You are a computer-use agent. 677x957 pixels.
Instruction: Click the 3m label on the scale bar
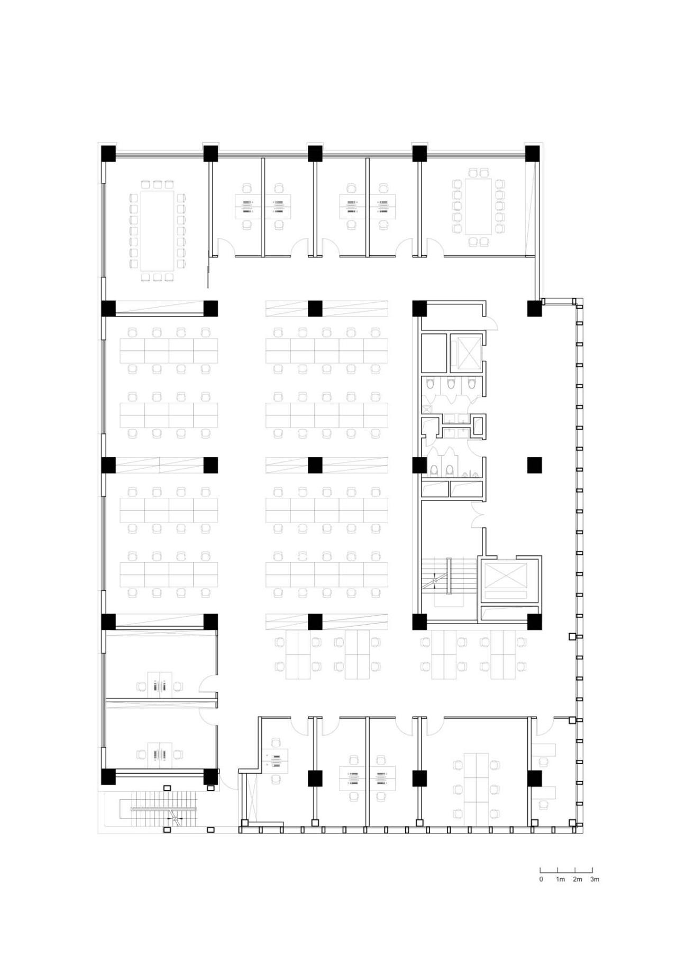594,879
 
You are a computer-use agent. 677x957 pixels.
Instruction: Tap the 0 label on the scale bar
541,879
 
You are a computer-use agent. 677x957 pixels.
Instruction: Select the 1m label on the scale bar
560,879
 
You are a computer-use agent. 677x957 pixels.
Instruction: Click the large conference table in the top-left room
157,230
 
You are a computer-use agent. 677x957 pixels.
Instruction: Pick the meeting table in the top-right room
478,206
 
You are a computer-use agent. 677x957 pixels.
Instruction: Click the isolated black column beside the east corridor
534,465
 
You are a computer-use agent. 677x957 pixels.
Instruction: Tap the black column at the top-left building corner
108,154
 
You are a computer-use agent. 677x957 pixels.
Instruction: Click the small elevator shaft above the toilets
465,351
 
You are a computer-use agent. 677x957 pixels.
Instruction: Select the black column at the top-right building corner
532,154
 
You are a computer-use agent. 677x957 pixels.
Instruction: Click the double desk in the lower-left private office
159,754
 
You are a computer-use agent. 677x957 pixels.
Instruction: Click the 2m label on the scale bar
577,879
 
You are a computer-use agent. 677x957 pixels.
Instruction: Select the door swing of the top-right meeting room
435,247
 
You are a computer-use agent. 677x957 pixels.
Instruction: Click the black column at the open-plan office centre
315,465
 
